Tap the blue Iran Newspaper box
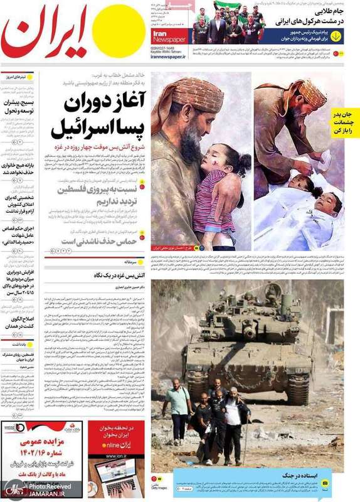click(169, 34)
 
